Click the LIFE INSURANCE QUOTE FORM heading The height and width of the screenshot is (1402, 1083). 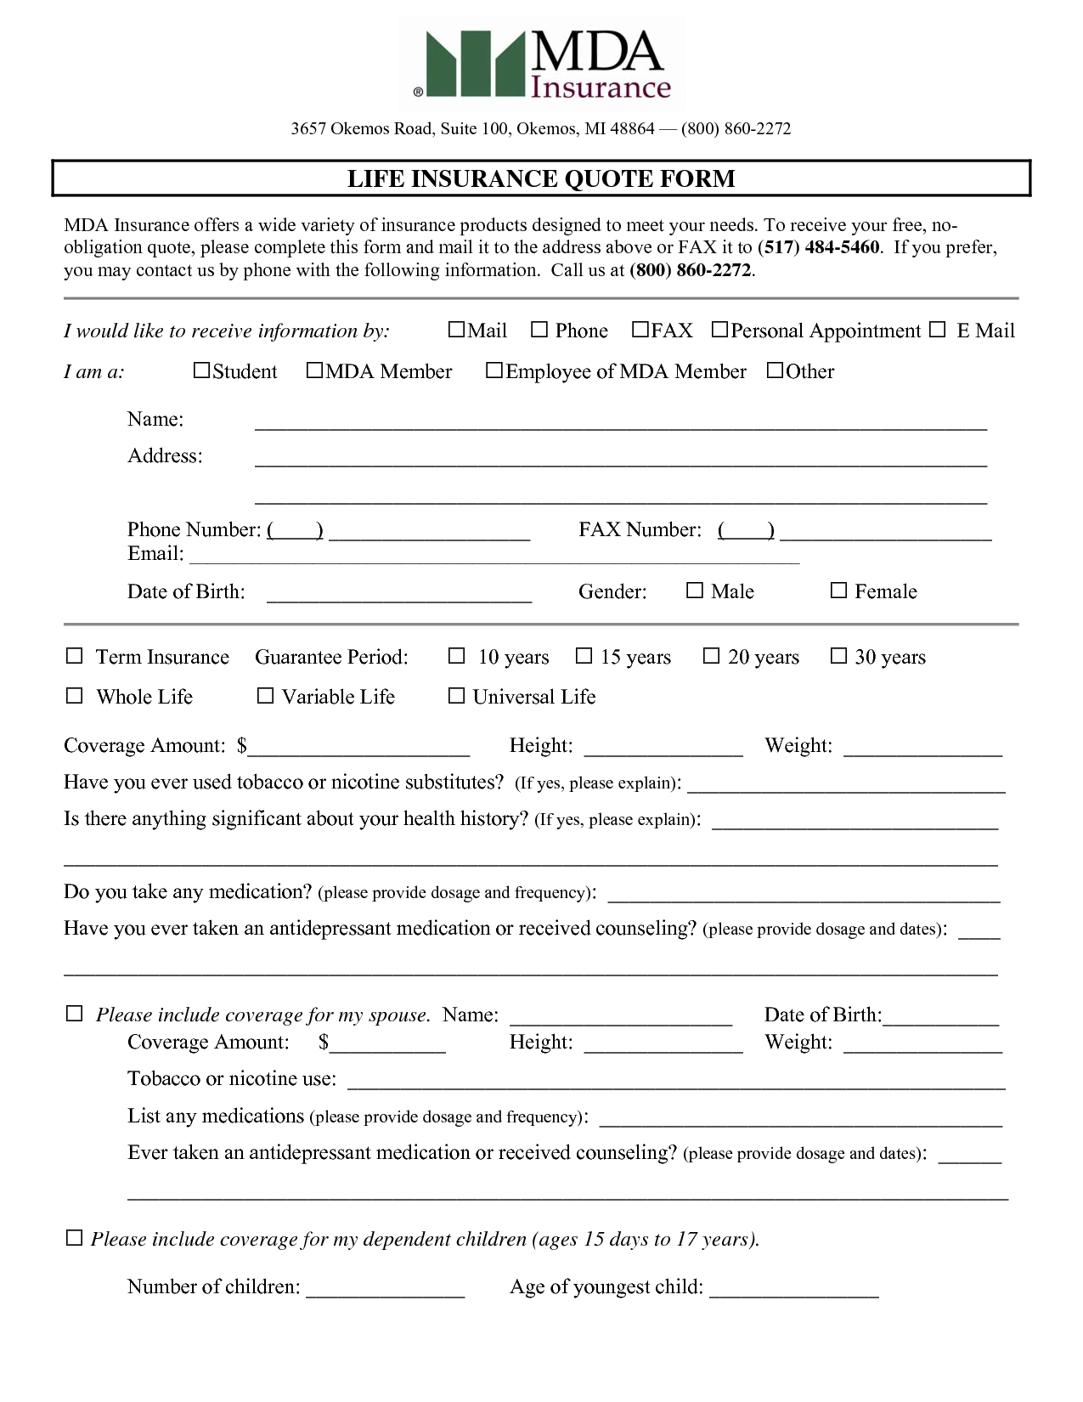point(541,178)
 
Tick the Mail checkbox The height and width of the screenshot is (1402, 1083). point(456,330)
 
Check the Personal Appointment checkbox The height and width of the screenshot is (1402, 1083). point(719,330)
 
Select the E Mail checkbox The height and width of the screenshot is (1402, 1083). point(937,330)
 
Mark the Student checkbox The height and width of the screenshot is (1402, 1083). point(201,370)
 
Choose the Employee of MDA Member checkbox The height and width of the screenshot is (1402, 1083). point(494,370)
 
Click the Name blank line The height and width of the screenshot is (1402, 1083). point(620,425)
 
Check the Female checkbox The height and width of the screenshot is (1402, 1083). point(838,591)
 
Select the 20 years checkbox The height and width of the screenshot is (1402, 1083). point(712,656)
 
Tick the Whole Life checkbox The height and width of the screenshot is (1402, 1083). point(75,696)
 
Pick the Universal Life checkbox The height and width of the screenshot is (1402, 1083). point(456,696)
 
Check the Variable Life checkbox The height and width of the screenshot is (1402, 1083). point(265,696)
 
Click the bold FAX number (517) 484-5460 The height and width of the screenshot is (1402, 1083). point(818,247)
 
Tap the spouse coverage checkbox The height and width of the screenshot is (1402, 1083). point(75,1014)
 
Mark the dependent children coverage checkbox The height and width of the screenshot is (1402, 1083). point(75,1238)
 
